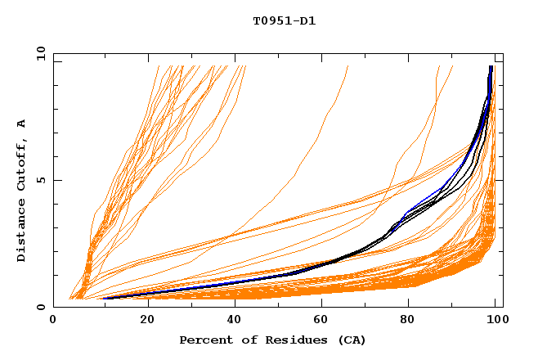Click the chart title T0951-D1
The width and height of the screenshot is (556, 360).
pos(284,21)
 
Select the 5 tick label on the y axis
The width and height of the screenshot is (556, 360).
pos(43,180)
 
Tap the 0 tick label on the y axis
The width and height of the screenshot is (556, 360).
pos(43,307)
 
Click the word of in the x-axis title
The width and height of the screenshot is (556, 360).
pos(242,340)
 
